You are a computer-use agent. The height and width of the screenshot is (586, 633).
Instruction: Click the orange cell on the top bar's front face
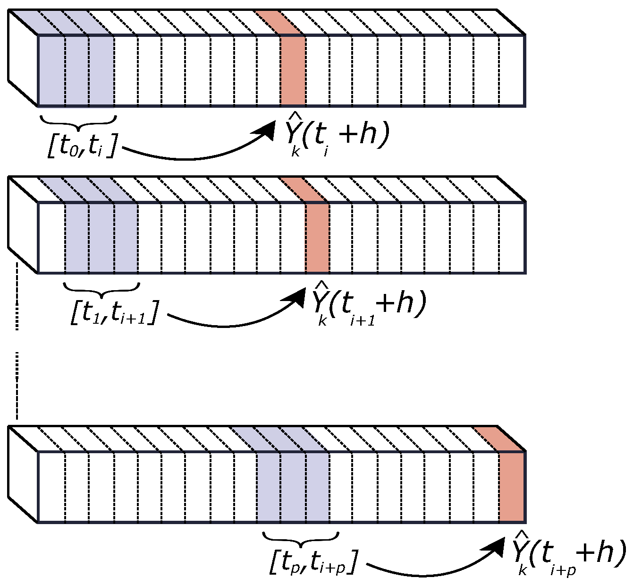pyautogui.click(x=293, y=71)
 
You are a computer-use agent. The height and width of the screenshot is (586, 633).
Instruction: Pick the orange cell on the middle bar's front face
pyautogui.click(x=317, y=238)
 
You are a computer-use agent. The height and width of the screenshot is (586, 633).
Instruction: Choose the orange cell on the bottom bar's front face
pyautogui.click(x=512, y=487)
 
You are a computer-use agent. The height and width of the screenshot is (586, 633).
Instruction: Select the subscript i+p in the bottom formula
pyautogui.click(x=563, y=570)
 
